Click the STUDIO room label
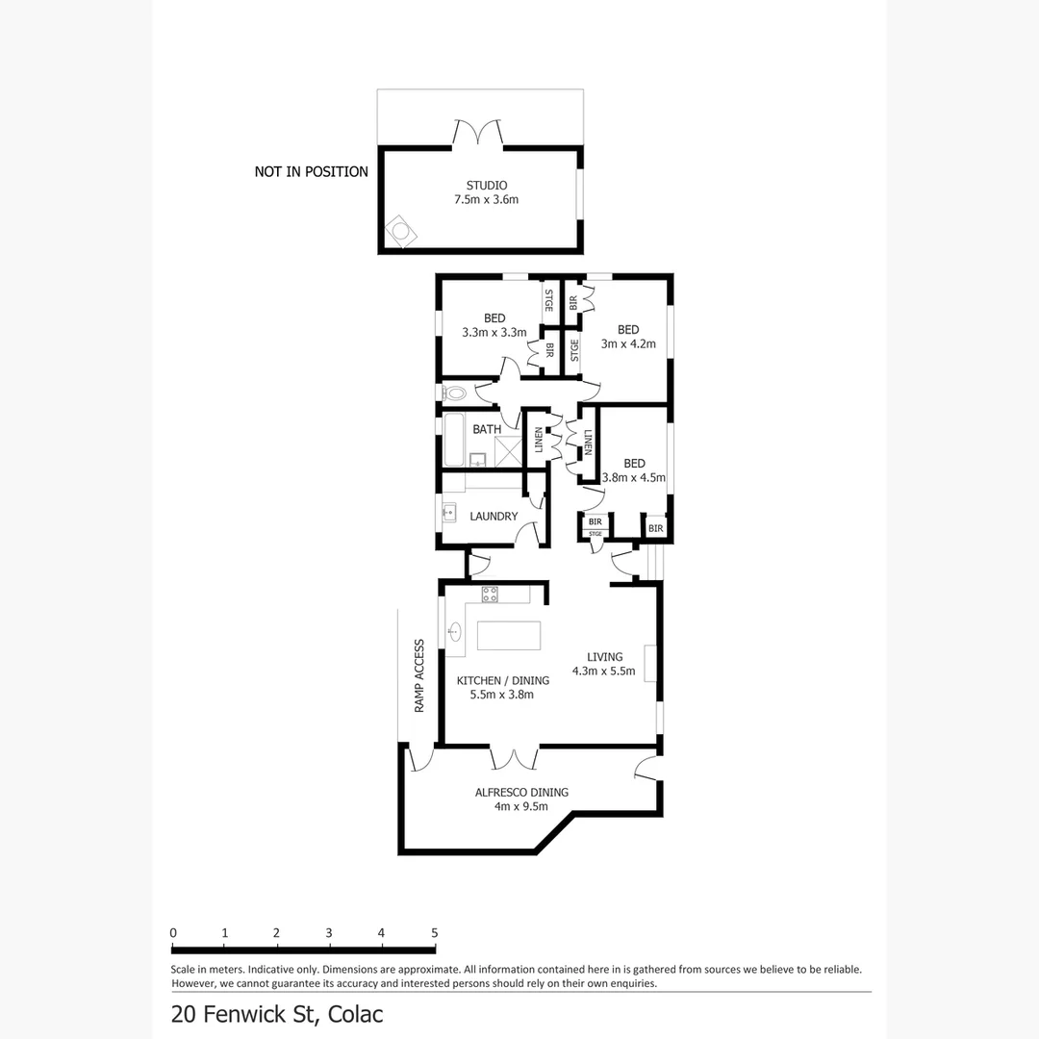point(486,185)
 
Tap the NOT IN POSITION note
point(311,172)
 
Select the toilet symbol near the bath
point(454,393)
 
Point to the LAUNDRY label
point(494,517)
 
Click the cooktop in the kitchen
point(490,594)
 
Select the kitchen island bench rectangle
point(509,636)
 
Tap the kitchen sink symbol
point(454,632)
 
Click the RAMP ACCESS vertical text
point(419,675)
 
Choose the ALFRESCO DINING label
point(521,792)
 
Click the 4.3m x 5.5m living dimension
point(603,672)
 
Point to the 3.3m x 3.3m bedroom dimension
point(494,333)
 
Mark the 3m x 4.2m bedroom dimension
point(628,343)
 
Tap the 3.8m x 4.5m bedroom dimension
point(633,477)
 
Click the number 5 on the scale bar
point(434,932)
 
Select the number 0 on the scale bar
point(173,932)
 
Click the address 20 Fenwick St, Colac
point(277,1014)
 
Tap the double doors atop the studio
point(478,133)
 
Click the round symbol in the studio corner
point(399,232)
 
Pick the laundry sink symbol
point(449,513)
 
